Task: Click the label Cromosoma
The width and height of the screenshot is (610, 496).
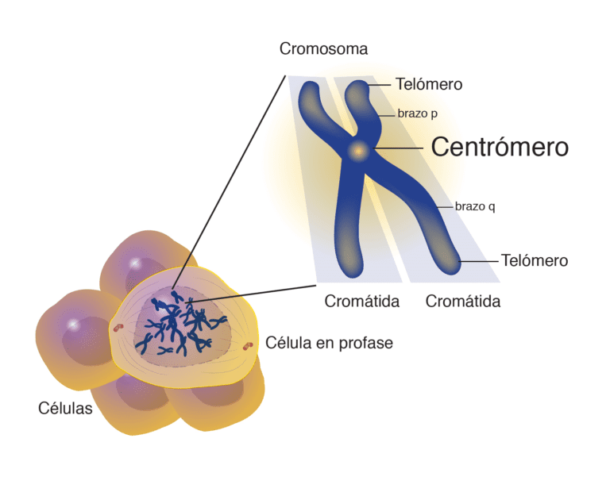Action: coord(323,48)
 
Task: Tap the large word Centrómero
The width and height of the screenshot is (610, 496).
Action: coord(499,147)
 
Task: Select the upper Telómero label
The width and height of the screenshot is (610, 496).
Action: coord(428,83)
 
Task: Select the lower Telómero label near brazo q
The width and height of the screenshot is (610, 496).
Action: coord(534,260)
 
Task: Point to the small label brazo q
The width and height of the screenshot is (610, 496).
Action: coord(475,206)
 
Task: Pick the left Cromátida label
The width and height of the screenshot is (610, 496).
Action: coord(361,302)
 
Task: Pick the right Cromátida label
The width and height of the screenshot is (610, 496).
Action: coord(463,302)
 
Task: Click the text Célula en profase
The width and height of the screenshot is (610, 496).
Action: coord(329,343)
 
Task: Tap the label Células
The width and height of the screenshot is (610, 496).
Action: coord(65,409)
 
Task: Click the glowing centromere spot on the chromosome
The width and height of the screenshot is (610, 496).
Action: coord(357,148)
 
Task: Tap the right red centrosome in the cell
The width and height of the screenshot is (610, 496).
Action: coord(249,345)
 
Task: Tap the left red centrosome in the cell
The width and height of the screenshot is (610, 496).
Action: coord(118,326)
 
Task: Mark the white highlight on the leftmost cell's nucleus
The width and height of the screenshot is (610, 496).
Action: coord(74,324)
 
